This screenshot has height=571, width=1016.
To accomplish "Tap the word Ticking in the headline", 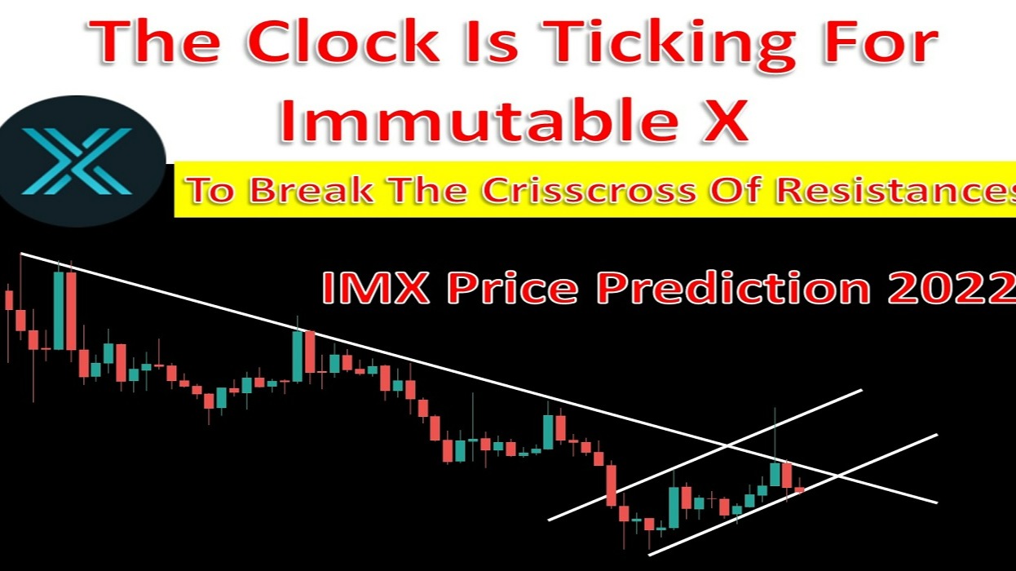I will [648, 45].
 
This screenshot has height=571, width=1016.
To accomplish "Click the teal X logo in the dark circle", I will [77, 161].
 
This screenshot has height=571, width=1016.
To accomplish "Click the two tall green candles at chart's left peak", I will [64, 310].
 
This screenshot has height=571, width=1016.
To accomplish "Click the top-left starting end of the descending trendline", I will [21, 255].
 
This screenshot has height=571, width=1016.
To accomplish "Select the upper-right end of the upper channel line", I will [861, 391].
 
